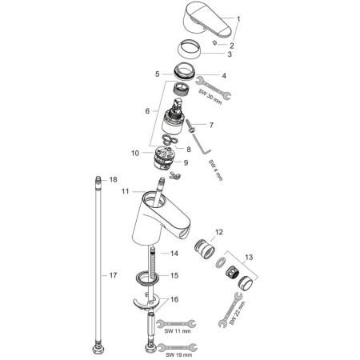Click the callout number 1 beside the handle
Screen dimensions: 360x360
(238, 19)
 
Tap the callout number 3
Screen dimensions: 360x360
(230, 54)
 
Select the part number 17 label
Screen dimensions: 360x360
(113, 275)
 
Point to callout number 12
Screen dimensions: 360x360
(219, 232)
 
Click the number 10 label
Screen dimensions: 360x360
(135, 153)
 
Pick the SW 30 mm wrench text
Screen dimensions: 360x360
(210, 97)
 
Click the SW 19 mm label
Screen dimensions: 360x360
(178, 355)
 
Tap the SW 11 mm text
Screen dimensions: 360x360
(178, 331)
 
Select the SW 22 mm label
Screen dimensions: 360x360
(237, 313)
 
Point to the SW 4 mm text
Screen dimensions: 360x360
(215, 170)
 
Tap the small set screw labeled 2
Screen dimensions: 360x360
(214, 42)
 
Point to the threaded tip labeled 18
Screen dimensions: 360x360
(98, 179)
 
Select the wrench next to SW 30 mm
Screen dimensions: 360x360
(213, 87)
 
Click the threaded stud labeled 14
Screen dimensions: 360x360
(153, 262)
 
